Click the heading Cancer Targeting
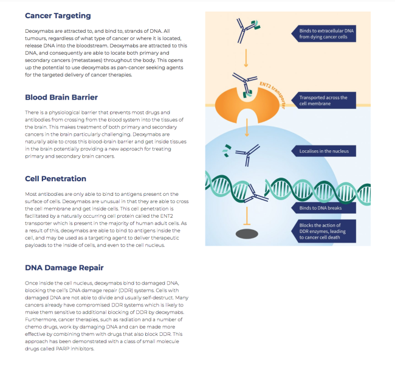click(x=58, y=15)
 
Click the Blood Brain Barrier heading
click(x=61, y=97)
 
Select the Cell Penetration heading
click(x=56, y=179)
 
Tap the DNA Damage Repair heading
click(x=64, y=267)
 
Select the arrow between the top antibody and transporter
click(x=246, y=58)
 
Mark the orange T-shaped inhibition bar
click(x=246, y=216)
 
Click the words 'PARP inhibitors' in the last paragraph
click(x=77, y=349)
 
